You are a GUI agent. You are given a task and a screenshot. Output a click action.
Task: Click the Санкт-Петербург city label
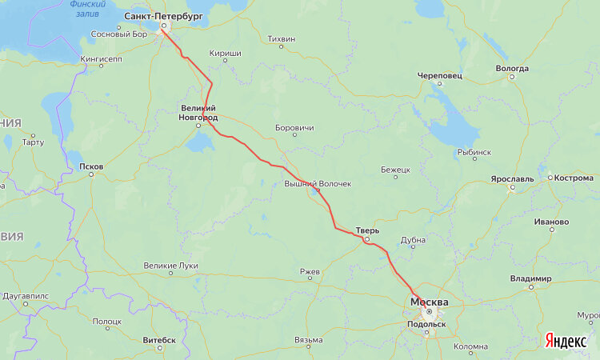click(162, 16)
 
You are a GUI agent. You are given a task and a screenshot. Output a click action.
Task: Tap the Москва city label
click(429, 302)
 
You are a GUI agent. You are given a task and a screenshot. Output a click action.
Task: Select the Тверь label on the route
click(367, 230)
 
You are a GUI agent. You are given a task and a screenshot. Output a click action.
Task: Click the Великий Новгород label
click(197, 113)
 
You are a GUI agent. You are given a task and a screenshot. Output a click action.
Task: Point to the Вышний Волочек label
click(318, 184)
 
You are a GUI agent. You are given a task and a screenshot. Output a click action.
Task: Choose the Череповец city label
click(440, 76)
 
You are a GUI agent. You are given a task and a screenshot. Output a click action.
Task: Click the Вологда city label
click(512, 68)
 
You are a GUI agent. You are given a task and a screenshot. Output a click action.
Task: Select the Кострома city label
click(573, 178)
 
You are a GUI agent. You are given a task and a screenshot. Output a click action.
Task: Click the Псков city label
click(91, 166)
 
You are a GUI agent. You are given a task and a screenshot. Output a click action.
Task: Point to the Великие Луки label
click(170, 265)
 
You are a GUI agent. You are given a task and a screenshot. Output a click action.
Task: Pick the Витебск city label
click(159, 339)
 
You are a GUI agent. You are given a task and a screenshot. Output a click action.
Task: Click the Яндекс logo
click(565, 341)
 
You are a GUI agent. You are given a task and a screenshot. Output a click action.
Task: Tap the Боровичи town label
click(294, 127)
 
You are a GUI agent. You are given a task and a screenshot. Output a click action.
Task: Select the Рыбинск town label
click(474, 152)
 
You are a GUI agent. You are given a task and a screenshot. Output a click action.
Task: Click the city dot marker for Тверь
click(366, 239)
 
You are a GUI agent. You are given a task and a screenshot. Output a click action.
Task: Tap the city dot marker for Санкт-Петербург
click(163, 26)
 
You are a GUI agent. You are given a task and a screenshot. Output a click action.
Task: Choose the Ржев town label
click(310, 272)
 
